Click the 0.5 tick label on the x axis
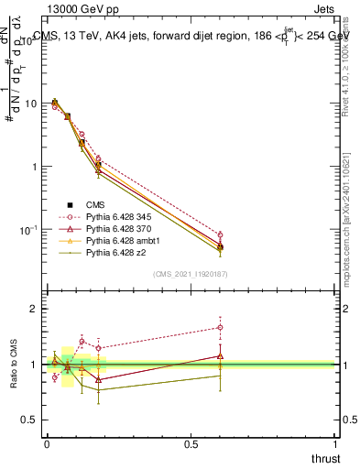(x=191, y=444)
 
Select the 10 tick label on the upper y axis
(x=30, y=104)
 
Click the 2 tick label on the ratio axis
(x=34, y=310)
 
